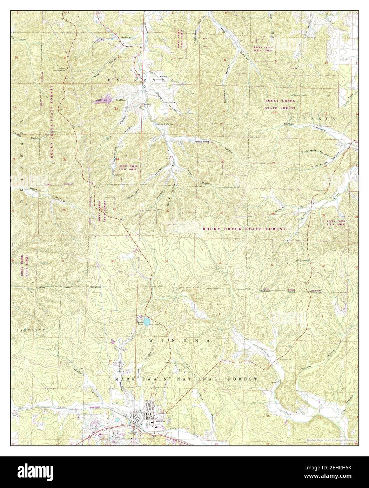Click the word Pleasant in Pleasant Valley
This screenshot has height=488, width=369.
point(202,141)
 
